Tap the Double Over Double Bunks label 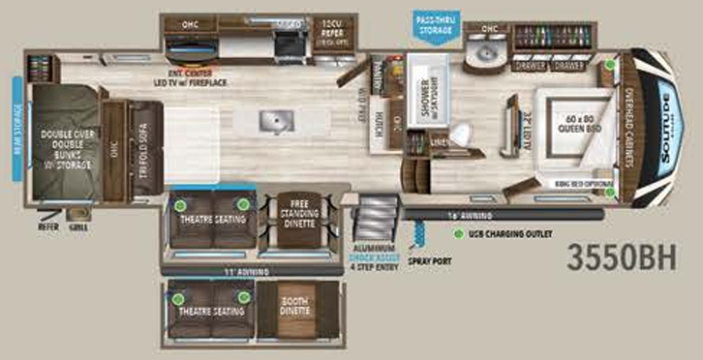tap(66, 149)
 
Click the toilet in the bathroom tap(461, 134)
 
